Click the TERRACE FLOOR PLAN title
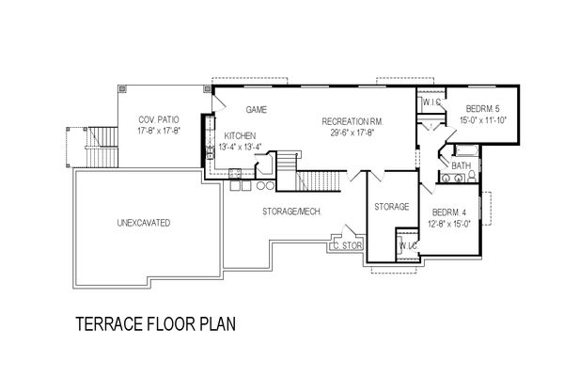pos(156,323)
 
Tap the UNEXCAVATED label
pos(144,223)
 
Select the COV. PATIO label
pos(159,119)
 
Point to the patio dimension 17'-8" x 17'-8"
pos(159,131)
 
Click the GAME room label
pos(257,109)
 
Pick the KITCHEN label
pos(240,136)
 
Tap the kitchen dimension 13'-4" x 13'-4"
pos(240,147)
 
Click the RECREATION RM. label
pos(352,121)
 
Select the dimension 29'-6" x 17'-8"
pos(352,133)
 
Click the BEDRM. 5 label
pos(483,108)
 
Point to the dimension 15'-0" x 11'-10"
pos(483,119)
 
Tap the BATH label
pos(462,165)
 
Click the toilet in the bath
pos(472,176)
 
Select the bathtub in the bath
pos(467,150)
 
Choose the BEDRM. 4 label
pos(449,212)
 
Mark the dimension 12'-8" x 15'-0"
pos(449,224)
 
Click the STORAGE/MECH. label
pos(291,211)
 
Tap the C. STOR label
pos(348,246)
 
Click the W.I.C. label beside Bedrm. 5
pos(431,102)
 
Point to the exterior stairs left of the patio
pos(102,148)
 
